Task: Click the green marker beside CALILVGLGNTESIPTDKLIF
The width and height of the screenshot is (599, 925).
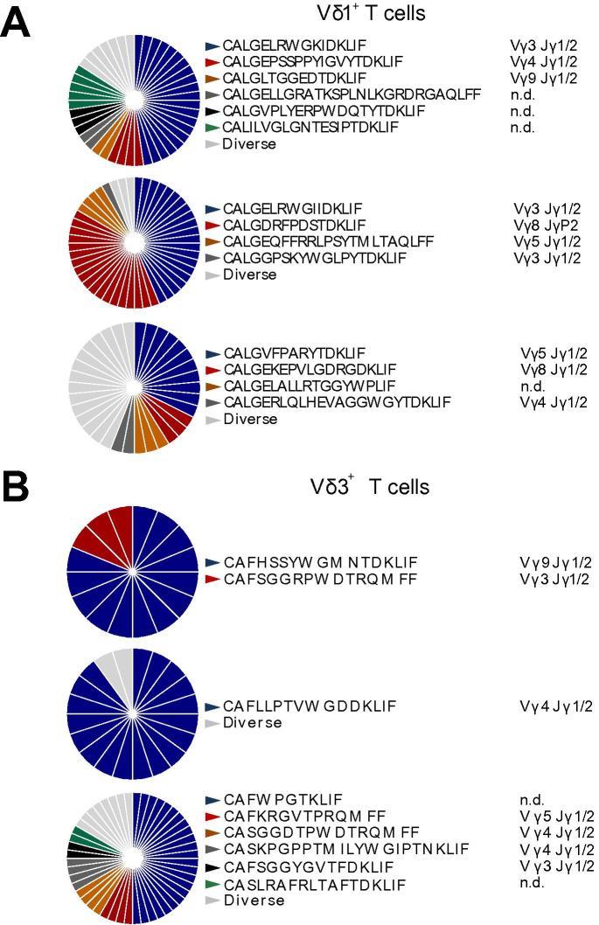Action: click(212, 128)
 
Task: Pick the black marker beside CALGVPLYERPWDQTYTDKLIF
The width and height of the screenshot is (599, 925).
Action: click(212, 111)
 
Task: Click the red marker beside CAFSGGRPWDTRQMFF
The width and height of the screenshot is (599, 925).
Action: click(212, 579)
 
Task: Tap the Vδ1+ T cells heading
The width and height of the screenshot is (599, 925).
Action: click(371, 13)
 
